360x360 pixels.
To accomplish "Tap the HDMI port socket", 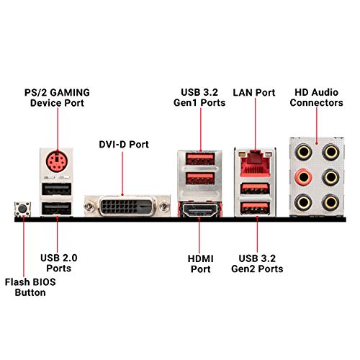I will [x=197, y=212].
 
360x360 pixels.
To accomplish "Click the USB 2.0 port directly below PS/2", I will [x=55, y=189].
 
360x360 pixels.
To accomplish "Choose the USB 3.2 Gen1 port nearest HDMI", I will [x=197, y=179].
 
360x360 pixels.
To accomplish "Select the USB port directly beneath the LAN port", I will [x=256, y=189].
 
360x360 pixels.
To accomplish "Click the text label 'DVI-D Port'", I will [x=124, y=145].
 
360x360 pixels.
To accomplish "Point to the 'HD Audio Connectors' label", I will [x=318, y=97].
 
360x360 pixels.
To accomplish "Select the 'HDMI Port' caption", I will [x=196, y=263].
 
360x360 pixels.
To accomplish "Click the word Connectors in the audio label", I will [x=318, y=103].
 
